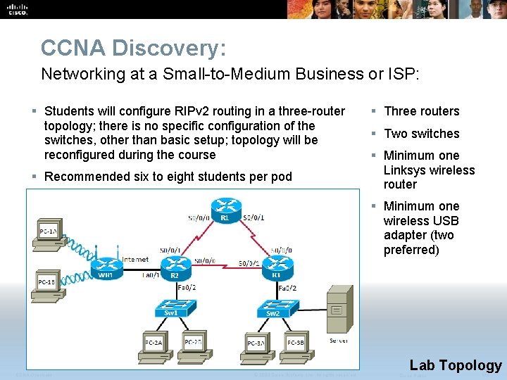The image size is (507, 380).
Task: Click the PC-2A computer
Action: [x=155, y=342]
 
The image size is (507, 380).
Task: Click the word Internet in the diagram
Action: [x=135, y=259]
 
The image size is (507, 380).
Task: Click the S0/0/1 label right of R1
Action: [x=254, y=217]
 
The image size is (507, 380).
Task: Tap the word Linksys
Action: [x=407, y=170]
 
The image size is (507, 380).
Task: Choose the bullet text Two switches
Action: [x=422, y=134]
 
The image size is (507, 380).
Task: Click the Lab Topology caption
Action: [x=456, y=365]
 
